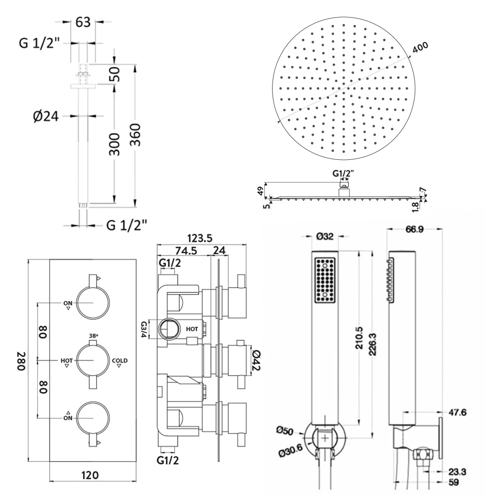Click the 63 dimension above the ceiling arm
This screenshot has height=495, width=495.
83,22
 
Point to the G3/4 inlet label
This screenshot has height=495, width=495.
144,329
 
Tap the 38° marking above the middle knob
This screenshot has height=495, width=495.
93,335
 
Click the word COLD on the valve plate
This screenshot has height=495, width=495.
119,360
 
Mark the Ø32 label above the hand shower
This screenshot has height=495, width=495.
325,236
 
